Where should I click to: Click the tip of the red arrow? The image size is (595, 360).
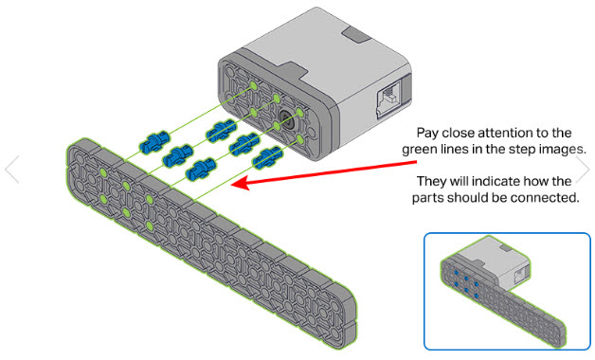pos(234,187)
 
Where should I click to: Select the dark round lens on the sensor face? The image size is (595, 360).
pos(284,120)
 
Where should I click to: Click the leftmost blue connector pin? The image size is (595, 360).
pos(151,142)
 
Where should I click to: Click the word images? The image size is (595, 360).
pos(560,149)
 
